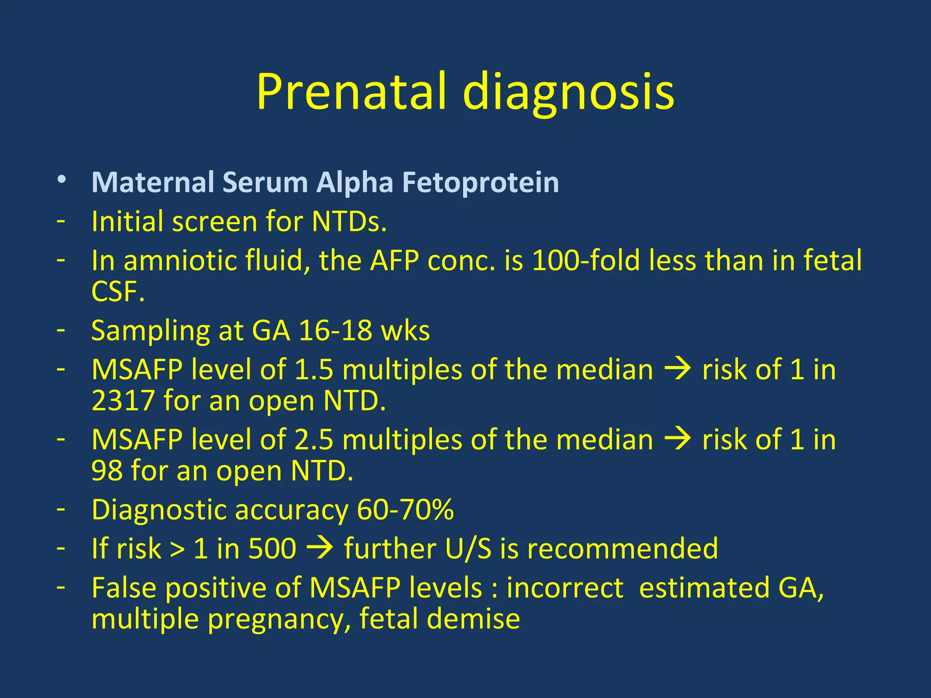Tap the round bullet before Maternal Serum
click(x=62, y=180)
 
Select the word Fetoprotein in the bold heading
click(x=481, y=183)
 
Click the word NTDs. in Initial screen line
click(x=349, y=222)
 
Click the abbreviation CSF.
click(x=117, y=292)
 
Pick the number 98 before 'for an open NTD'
click(x=107, y=471)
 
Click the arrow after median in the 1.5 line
click(x=677, y=369)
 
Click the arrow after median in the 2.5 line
click(x=677, y=440)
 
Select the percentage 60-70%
click(x=405, y=510)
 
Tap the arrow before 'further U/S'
click(x=320, y=548)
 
